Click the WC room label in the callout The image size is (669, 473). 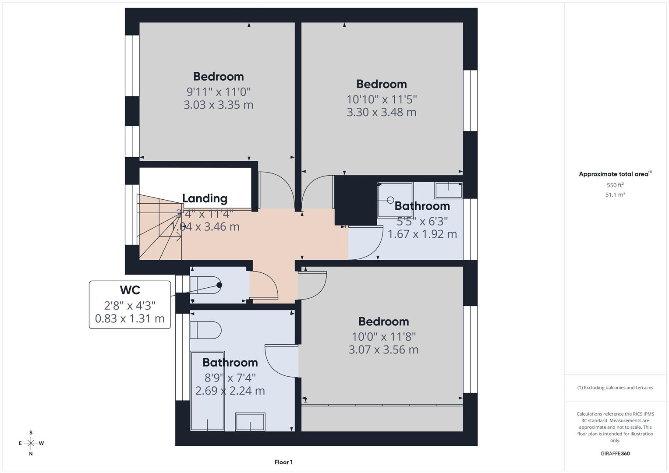[x=130, y=290]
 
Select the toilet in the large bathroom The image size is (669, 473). [x=205, y=330]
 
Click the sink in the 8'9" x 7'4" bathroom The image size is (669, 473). [x=250, y=422]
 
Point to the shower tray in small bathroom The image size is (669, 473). [x=395, y=200]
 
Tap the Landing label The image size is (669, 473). [x=205, y=198]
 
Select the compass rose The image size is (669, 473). [x=31, y=443]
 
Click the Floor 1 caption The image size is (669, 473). [x=283, y=462]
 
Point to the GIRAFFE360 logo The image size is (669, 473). [x=615, y=453]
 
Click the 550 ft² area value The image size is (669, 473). [x=615, y=185]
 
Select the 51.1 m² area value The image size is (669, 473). [x=615, y=195]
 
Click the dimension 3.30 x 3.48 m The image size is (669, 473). [x=381, y=113]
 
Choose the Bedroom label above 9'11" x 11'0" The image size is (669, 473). [x=218, y=77]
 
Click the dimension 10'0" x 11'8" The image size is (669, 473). [x=383, y=337]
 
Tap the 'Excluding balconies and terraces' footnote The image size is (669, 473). [x=615, y=388]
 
